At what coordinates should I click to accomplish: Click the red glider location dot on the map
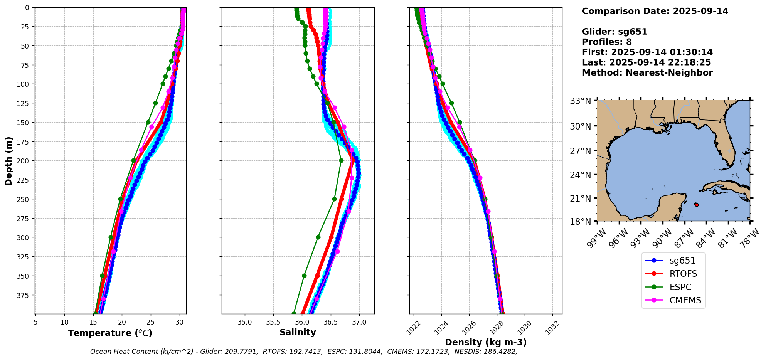[x=696, y=205]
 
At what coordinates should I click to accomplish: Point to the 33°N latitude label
[x=580, y=101]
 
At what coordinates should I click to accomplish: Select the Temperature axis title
[x=110, y=333]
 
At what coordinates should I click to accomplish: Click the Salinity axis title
[x=298, y=332]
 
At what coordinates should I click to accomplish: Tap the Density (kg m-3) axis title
[x=486, y=342]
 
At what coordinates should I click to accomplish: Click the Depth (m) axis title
[x=8, y=161]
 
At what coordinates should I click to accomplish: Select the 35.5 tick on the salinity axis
[x=273, y=322]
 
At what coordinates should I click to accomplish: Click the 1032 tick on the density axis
[x=552, y=327]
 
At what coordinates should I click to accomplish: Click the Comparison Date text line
[x=655, y=11]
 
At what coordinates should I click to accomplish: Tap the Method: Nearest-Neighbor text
[x=647, y=72]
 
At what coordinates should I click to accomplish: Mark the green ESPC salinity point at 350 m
[x=304, y=276]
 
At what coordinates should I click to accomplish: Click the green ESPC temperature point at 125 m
[x=155, y=103]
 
